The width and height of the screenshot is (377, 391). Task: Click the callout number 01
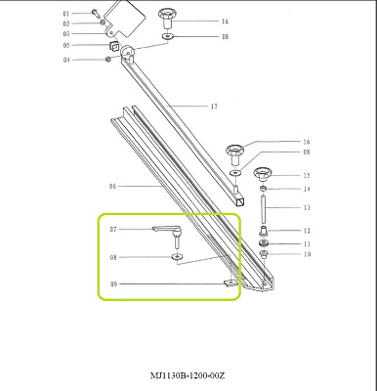(x=66, y=14)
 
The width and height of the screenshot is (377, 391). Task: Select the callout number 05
(x=66, y=45)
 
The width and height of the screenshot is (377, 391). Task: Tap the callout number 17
(x=214, y=107)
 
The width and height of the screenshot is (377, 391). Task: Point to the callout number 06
(x=112, y=187)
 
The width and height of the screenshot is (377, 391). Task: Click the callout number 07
(x=113, y=230)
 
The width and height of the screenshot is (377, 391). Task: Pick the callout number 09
(x=113, y=284)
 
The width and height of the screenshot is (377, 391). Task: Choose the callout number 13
(x=307, y=207)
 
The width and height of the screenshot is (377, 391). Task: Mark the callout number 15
(x=307, y=175)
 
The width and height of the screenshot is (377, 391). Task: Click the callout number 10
(x=307, y=254)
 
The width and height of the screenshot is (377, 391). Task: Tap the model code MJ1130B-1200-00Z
(x=188, y=375)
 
